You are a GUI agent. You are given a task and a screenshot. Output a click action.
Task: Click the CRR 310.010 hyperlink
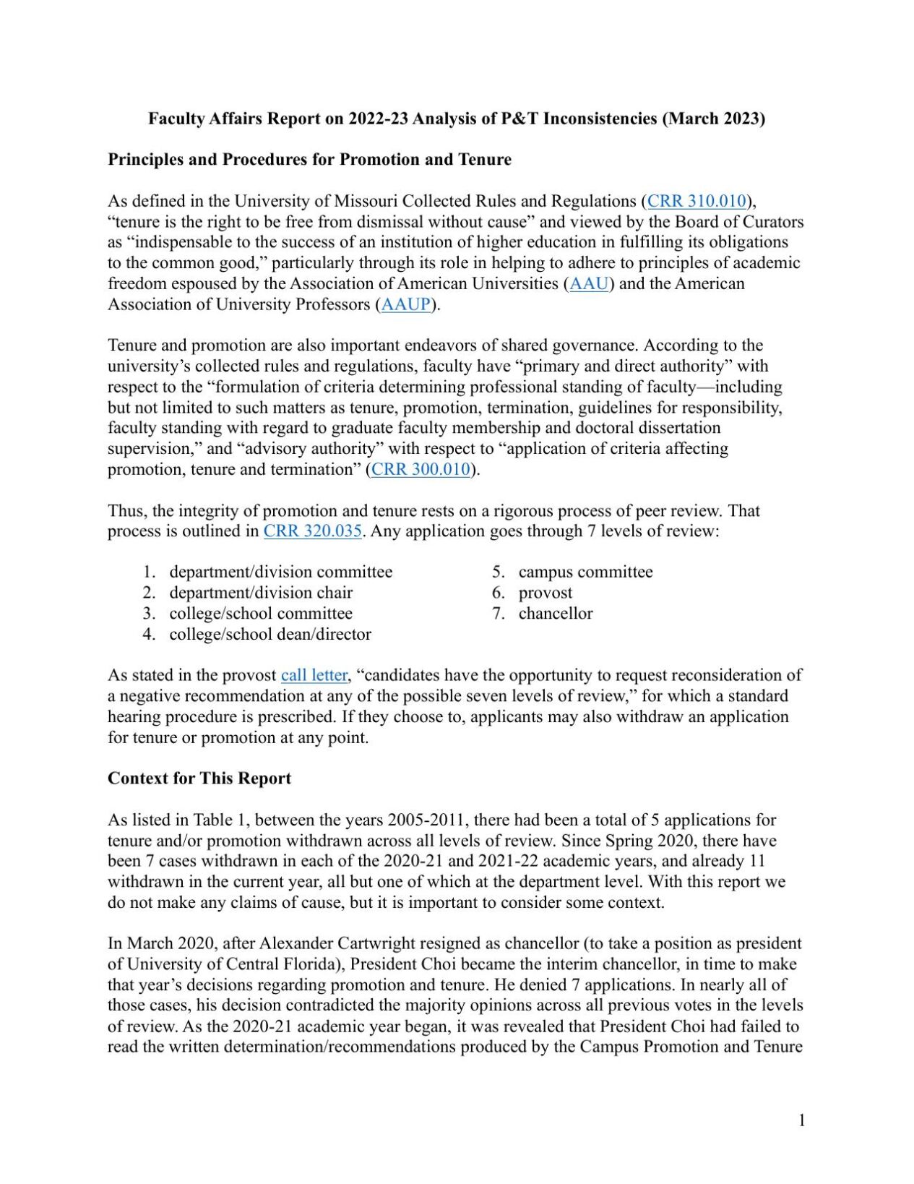697,201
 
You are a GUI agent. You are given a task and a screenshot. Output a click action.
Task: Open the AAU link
589,283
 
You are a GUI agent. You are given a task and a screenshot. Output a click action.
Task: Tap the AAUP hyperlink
405,304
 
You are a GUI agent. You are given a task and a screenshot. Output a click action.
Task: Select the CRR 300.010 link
421,470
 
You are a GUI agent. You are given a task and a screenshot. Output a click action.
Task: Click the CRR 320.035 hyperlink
312,531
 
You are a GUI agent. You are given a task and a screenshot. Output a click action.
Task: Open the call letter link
314,675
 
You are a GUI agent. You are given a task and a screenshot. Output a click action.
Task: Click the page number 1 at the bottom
801,1120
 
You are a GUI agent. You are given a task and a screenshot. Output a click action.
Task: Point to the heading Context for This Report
199,778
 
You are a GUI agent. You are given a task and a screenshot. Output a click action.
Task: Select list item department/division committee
280,572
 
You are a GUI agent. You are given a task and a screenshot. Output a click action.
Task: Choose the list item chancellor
555,614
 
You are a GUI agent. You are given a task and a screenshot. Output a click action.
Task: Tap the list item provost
545,593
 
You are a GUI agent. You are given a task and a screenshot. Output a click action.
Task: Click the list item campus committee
585,572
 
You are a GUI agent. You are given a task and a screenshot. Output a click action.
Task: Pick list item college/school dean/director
270,635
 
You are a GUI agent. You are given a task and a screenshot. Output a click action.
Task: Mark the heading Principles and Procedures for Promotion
309,160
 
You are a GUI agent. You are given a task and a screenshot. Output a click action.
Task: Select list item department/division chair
261,593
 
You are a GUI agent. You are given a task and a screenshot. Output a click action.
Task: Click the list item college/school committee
261,614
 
